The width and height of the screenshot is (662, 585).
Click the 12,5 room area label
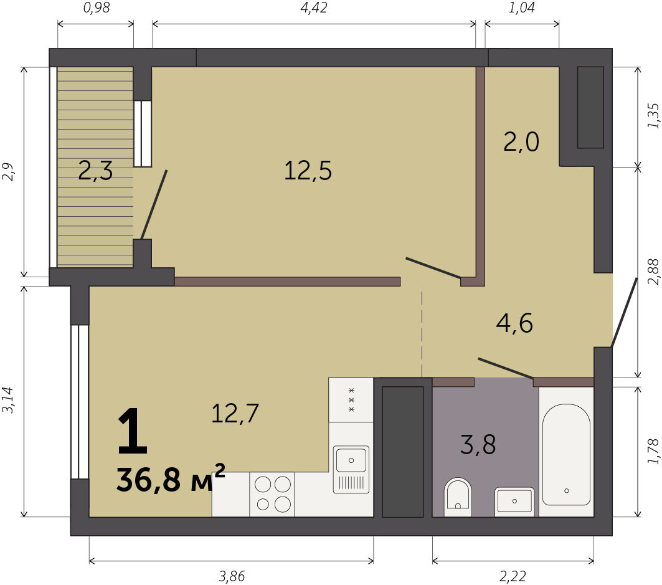click(x=308, y=171)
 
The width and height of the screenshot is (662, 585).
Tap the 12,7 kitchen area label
click(x=235, y=414)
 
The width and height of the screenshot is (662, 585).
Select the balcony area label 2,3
click(x=95, y=171)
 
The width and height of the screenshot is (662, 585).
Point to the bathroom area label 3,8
click(x=478, y=444)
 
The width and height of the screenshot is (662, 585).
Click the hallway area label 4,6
click(x=514, y=323)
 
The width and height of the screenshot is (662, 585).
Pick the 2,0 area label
click(x=521, y=141)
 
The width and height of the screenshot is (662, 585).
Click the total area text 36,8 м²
click(x=171, y=480)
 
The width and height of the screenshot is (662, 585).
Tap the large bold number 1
click(x=133, y=431)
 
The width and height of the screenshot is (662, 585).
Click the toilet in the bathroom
click(x=458, y=497)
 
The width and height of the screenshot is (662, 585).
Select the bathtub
click(x=566, y=455)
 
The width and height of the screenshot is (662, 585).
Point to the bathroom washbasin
click(x=514, y=502)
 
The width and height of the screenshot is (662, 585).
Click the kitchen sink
click(x=351, y=469)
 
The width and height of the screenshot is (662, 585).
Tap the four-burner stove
click(x=272, y=494)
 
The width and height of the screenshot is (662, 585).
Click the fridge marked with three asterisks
click(x=351, y=399)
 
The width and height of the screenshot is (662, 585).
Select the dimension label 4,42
click(x=314, y=7)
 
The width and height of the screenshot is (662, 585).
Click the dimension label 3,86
click(x=232, y=576)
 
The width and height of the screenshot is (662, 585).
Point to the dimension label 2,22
click(x=513, y=576)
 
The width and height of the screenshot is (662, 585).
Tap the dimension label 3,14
click(x=9, y=400)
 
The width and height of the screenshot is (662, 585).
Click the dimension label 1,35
click(x=653, y=116)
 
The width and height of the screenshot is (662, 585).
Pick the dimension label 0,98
click(x=97, y=7)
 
